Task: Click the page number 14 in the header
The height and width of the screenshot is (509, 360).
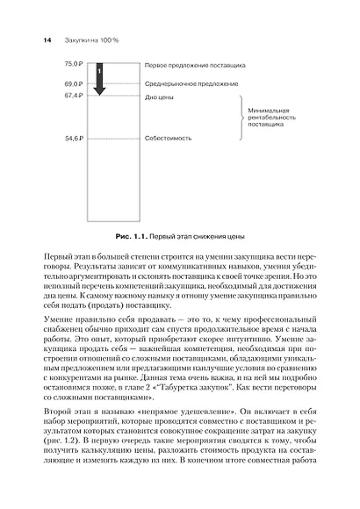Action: click(x=36, y=40)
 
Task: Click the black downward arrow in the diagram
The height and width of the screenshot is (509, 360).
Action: click(x=99, y=78)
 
